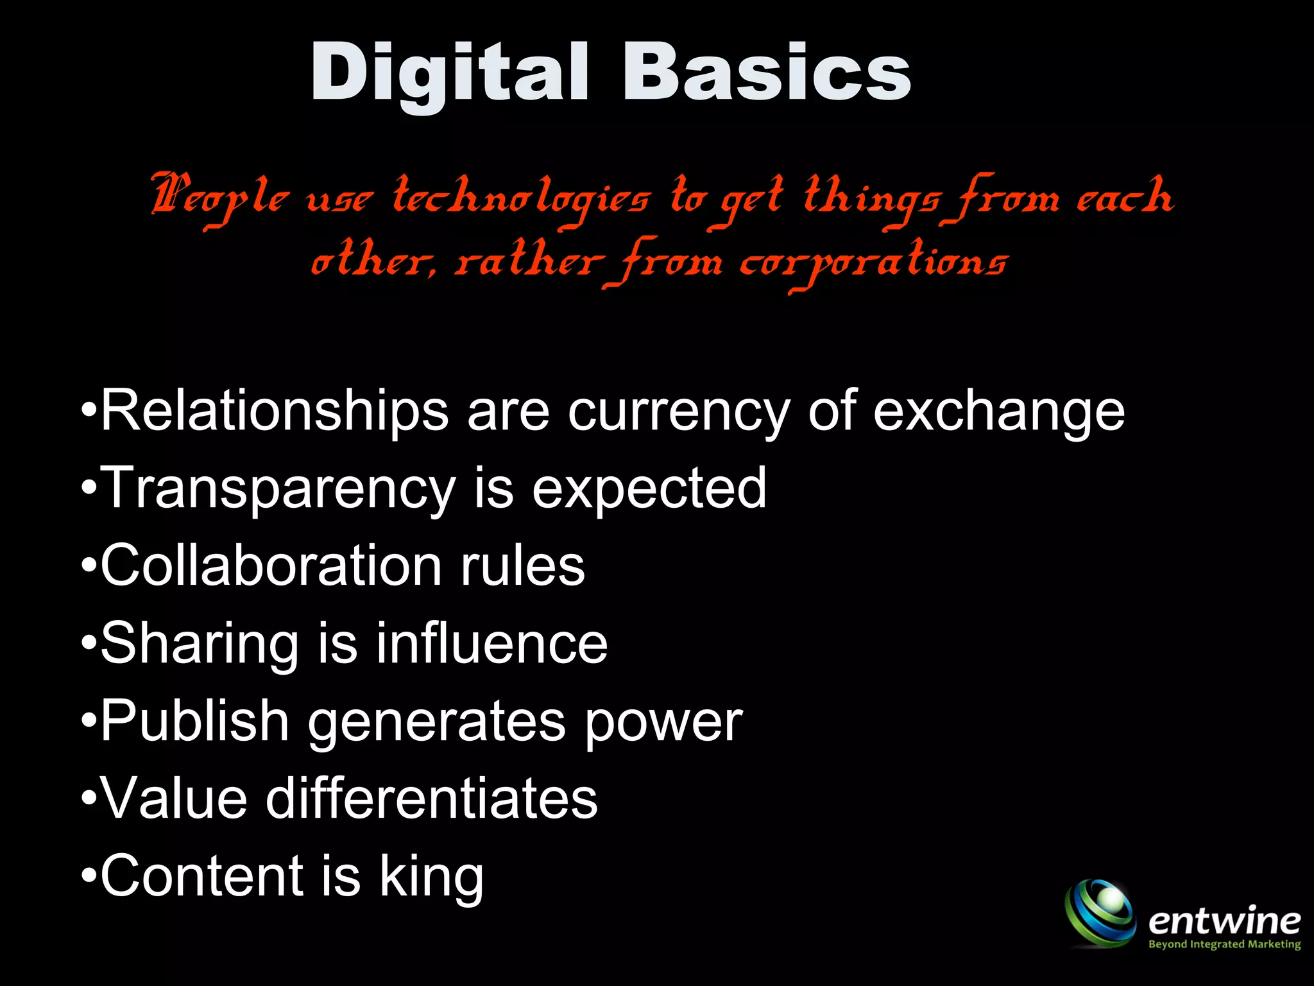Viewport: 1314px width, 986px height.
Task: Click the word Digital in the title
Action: coord(449,72)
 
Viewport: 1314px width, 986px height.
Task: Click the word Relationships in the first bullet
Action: coord(275,411)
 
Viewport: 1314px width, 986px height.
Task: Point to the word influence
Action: coord(491,643)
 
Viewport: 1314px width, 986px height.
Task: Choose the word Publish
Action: coord(194,722)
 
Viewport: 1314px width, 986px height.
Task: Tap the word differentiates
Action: coord(431,799)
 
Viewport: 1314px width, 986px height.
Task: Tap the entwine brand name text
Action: coord(1224,922)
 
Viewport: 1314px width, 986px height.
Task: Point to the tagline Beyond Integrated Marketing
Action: coord(1224,944)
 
